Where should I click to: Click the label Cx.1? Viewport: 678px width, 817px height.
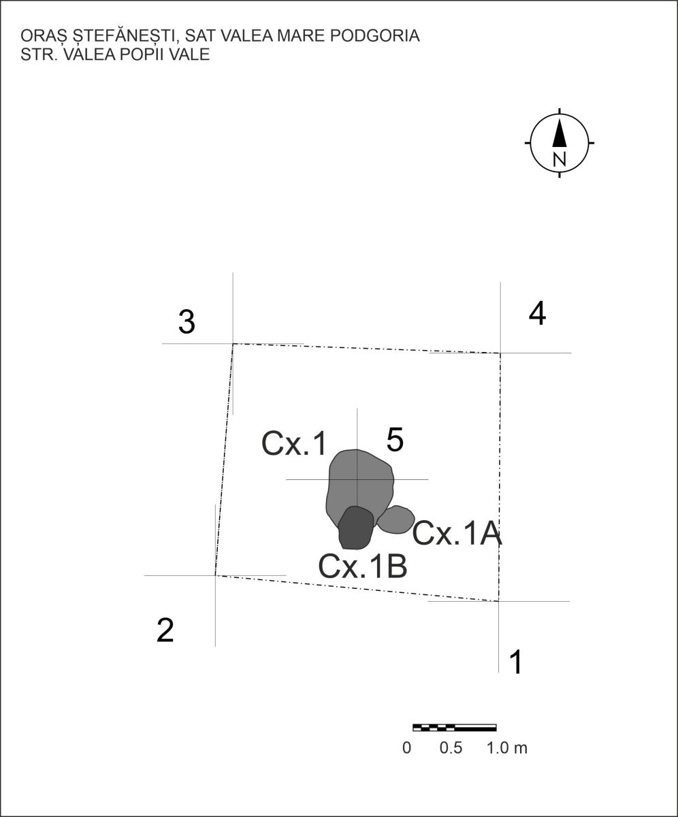point(294,444)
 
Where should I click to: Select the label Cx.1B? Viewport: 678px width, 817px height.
point(363,566)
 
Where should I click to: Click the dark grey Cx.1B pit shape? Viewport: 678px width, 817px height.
point(355,528)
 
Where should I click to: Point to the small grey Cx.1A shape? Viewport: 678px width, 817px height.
point(395,519)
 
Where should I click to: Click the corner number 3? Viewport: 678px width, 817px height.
point(187,322)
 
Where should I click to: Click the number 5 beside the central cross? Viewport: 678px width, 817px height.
point(395,440)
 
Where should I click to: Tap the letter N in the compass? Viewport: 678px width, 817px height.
point(560,159)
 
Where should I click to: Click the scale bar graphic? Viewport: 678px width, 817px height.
point(455,727)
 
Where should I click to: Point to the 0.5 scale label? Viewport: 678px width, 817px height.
point(451,748)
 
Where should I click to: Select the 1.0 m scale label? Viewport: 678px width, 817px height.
point(506,748)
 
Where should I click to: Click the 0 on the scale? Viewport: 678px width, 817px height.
point(407,748)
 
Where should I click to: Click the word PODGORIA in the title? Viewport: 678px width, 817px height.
point(375,35)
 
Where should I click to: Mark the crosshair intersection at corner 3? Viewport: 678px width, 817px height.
point(233,344)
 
